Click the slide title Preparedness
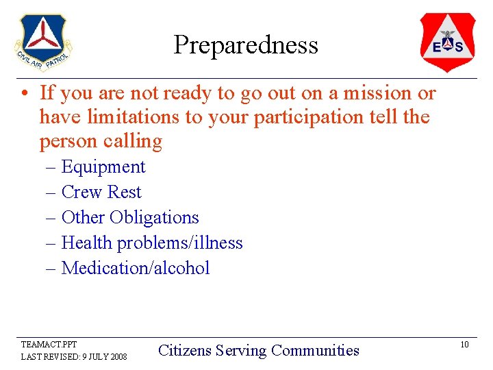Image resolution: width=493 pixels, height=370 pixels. pyautogui.click(x=246, y=45)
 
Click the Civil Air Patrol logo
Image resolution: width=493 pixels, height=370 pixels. pyautogui.click(x=42, y=42)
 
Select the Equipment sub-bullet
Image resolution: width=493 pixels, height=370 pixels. pyautogui.click(x=103, y=167)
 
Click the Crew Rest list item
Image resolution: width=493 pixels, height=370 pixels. pyautogui.click(x=101, y=193)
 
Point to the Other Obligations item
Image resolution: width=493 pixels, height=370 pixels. pyautogui.click(x=130, y=218)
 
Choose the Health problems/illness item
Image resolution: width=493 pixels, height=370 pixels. pyautogui.click(x=152, y=243)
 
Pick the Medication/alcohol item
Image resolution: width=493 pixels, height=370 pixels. pyautogui.click(x=136, y=268)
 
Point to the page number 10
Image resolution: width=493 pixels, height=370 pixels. pyautogui.click(x=464, y=345)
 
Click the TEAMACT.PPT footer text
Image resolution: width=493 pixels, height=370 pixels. pyautogui.click(x=49, y=345)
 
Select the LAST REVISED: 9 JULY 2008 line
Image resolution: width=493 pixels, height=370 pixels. pyautogui.click(x=74, y=357)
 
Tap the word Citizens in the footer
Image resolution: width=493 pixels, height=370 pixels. pyautogui.click(x=184, y=351)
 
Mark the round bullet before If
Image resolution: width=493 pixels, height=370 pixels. pyautogui.click(x=25, y=93)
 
